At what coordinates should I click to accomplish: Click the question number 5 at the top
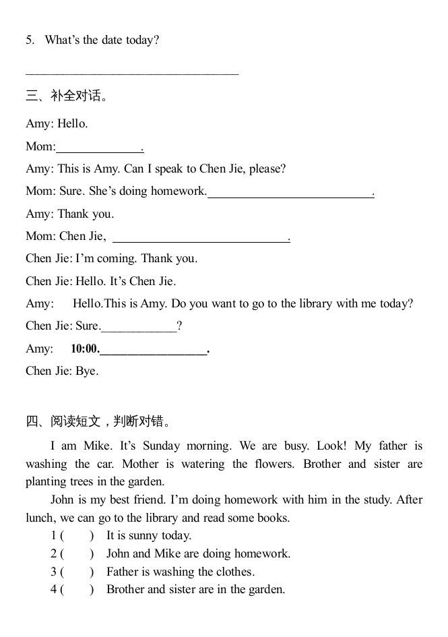click(30, 40)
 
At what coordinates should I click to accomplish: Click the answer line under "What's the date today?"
click(132, 69)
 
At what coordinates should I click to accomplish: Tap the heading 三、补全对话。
click(67, 96)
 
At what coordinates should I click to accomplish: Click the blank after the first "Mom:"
click(100, 148)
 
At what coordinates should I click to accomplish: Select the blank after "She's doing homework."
click(290, 193)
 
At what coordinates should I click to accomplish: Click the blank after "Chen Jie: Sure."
click(139, 328)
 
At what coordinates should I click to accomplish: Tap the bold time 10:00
click(85, 349)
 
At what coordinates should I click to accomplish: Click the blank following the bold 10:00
click(154, 351)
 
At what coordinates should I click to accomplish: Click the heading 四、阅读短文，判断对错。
click(98, 422)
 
